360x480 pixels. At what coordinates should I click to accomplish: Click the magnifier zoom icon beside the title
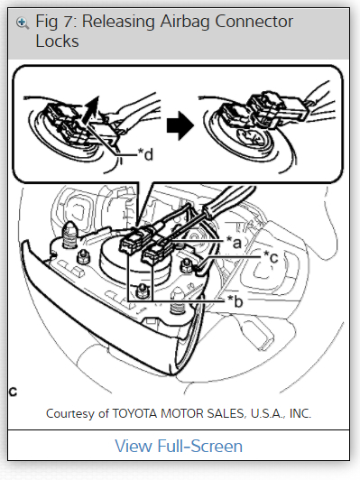(23, 23)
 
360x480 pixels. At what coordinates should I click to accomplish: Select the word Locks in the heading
(57, 41)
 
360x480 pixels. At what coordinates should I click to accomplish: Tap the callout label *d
(145, 154)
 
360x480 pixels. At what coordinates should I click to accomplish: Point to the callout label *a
(235, 243)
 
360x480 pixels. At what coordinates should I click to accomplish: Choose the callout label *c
(271, 256)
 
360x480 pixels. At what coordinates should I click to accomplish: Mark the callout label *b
(235, 301)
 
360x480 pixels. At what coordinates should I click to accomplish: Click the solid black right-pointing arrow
(180, 125)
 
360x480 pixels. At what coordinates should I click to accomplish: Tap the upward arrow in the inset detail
(92, 110)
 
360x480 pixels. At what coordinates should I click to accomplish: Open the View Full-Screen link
(179, 446)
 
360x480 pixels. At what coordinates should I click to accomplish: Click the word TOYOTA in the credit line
(135, 413)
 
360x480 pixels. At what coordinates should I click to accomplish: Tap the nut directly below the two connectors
(141, 290)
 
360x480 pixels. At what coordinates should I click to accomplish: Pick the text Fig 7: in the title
(57, 22)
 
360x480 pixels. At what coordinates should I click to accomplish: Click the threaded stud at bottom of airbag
(177, 304)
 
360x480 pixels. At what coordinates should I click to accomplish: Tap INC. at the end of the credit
(300, 413)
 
